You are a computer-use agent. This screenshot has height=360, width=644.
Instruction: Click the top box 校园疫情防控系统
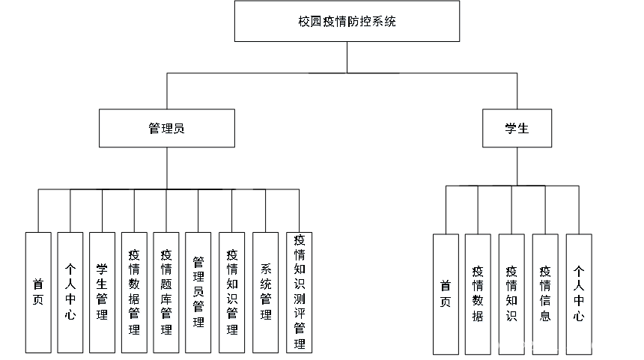pyautogui.click(x=347, y=22)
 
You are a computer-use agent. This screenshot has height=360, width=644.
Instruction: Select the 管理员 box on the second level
pyautogui.click(x=166, y=129)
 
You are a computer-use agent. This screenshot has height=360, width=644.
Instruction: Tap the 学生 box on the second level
pyautogui.click(x=516, y=129)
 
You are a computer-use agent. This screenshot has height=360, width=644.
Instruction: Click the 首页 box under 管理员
pyautogui.click(x=38, y=293)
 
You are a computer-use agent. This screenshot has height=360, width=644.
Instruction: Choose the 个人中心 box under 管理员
pyautogui.click(x=70, y=293)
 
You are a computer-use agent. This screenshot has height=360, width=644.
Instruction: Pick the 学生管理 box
pyautogui.click(x=102, y=293)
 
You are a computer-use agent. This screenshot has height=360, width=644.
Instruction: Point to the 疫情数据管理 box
pyautogui.click(x=134, y=293)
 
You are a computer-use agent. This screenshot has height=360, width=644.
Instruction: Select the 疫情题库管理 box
pyautogui.click(x=166, y=293)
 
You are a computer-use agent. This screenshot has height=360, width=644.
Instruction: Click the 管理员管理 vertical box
pyautogui.click(x=198, y=293)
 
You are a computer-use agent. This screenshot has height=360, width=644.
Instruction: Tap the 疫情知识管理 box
pyautogui.click(x=231, y=293)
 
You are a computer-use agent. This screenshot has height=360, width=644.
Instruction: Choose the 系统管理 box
pyautogui.click(x=265, y=293)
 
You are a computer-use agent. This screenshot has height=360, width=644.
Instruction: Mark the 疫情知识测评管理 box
pyautogui.click(x=300, y=293)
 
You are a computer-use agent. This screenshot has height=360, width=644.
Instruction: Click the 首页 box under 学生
pyautogui.click(x=446, y=294)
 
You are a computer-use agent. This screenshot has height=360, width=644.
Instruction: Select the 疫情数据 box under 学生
pyautogui.click(x=479, y=294)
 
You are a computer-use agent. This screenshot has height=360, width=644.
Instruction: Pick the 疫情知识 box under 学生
pyautogui.click(x=511, y=294)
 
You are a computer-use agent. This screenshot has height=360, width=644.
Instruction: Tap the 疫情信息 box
pyautogui.click(x=546, y=294)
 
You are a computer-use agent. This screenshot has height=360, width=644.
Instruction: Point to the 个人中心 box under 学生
pyautogui.click(x=579, y=294)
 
